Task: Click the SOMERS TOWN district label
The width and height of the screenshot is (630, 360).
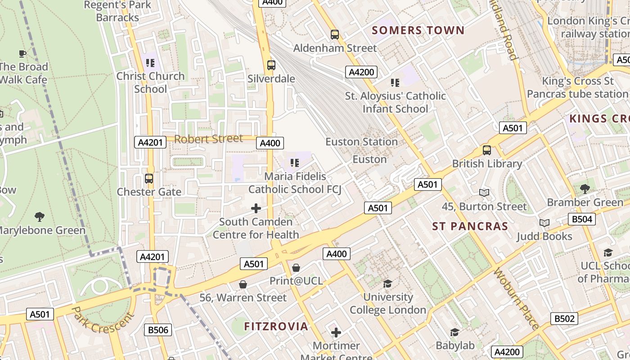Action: coord(418,31)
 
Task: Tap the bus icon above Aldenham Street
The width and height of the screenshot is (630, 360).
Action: coord(334,34)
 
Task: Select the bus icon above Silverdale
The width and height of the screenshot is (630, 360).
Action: coord(271,65)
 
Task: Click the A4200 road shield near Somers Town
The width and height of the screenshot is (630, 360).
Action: coord(361,72)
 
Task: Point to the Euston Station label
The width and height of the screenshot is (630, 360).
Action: coord(361,142)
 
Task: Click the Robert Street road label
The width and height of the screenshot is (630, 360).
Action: coord(208,139)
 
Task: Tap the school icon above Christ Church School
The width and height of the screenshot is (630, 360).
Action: coord(150,63)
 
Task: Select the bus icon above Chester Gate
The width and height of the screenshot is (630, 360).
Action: coord(149,179)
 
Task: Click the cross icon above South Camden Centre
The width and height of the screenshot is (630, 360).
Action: coord(256,208)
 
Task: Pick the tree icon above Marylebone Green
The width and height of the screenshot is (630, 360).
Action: coord(40,217)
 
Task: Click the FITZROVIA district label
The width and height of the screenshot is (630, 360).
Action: coord(276,326)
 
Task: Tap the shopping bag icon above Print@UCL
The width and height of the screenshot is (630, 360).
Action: coord(296,268)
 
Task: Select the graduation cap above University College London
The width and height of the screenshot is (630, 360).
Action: coord(387,283)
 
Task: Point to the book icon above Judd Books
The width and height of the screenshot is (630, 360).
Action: coord(544,223)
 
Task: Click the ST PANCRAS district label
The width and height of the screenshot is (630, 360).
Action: coord(470,226)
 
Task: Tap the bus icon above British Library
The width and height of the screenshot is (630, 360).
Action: coord(486,150)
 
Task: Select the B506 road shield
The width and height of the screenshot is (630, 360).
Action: coord(158,330)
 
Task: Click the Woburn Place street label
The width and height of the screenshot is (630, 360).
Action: coord(517,299)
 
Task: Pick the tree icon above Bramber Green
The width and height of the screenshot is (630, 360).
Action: coord(585,189)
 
